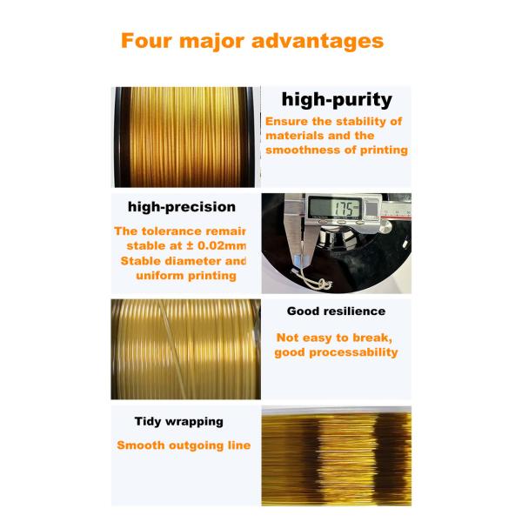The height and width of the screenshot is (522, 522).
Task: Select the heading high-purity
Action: click(x=337, y=99)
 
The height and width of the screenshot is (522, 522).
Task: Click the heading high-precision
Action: click(x=181, y=207)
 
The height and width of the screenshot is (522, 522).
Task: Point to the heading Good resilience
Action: click(x=336, y=311)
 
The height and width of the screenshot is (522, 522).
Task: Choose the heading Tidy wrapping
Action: click(x=179, y=421)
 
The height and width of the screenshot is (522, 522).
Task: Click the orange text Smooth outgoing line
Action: click(x=184, y=445)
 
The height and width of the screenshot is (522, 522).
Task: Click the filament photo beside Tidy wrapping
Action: click(x=336, y=455)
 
